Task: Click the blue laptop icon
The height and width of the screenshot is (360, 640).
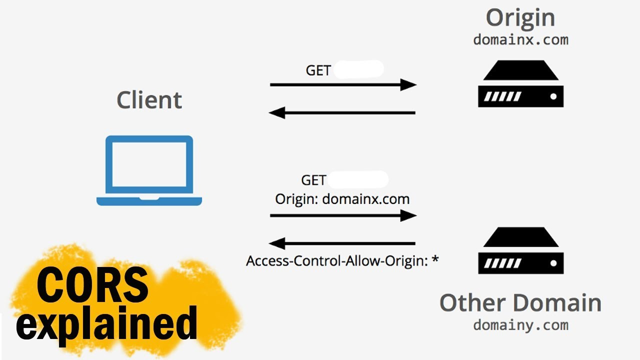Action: pos(149,170)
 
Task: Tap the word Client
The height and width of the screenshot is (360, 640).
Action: pos(149,100)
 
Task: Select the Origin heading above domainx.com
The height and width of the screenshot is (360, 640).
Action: pos(520,18)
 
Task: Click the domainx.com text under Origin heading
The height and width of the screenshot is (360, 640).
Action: pos(520,40)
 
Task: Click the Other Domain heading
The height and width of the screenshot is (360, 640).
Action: pos(520,303)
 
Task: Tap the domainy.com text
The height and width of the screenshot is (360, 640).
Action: pos(520,325)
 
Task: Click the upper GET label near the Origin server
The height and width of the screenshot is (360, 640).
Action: pos(318,70)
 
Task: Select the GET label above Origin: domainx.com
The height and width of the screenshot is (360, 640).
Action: pos(313,180)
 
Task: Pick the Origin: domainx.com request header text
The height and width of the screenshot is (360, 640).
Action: pos(342,199)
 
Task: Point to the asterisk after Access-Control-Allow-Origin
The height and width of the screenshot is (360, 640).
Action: pos(435,259)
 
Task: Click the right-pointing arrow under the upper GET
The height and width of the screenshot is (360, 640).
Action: pos(343,84)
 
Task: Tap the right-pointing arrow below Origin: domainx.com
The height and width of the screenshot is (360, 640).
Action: pos(343,215)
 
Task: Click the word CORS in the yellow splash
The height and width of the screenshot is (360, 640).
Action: pos(92,285)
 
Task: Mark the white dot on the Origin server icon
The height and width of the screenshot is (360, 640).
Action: pos(553,96)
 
